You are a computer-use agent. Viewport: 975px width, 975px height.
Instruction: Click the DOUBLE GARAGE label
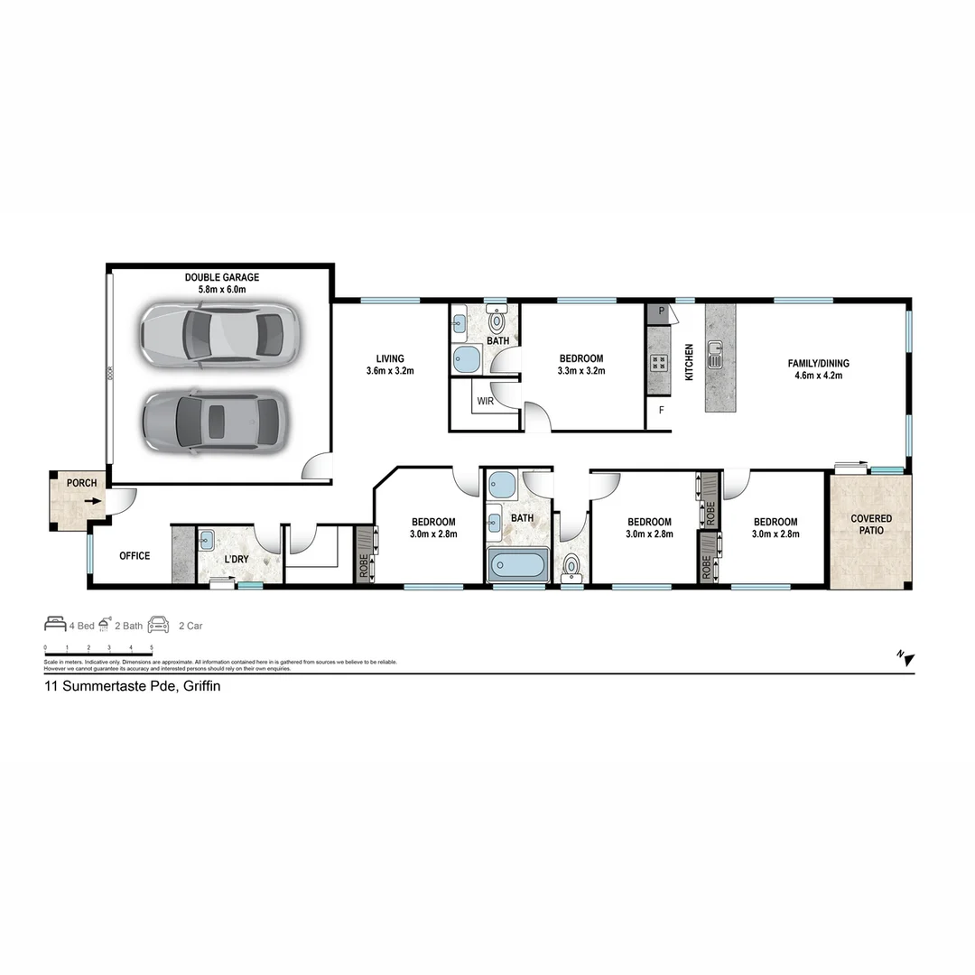(221, 277)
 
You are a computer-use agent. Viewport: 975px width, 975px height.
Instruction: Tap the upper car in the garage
(218, 334)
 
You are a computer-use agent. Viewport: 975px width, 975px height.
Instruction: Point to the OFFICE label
(135, 556)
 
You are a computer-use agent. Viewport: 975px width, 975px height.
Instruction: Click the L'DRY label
(236, 560)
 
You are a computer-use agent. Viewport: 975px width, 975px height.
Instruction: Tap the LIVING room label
(391, 358)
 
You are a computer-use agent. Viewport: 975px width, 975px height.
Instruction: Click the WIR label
(485, 401)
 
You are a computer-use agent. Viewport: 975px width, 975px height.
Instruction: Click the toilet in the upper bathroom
(497, 320)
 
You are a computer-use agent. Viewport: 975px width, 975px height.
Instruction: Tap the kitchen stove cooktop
(658, 364)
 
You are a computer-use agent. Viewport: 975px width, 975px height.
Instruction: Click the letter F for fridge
(661, 411)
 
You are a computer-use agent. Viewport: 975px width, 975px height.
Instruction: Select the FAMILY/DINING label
(818, 364)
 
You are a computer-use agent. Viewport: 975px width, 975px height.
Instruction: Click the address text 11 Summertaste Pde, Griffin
(133, 686)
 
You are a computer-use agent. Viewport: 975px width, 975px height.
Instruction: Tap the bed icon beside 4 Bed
(55, 625)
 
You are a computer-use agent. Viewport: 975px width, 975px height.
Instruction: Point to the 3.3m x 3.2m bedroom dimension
(581, 371)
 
